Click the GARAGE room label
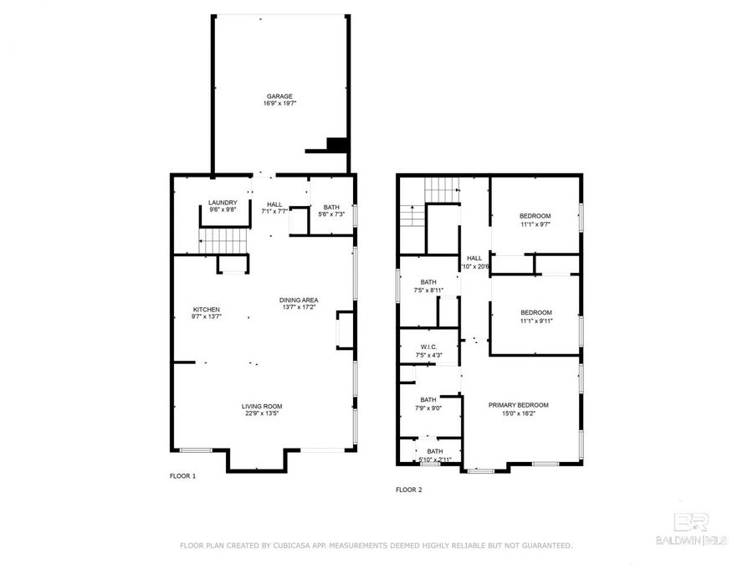click(x=280, y=96)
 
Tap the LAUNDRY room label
click(x=223, y=203)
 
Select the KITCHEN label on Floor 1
click(x=206, y=310)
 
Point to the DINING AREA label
click(x=299, y=300)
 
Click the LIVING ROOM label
click(x=261, y=406)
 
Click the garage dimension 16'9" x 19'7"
click(x=280, y=104)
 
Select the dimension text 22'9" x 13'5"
click(x=261, y=413)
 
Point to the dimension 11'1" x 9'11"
click(x=535, y=320)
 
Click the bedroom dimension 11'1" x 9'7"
click(x=535, y=223)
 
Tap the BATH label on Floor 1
click(x=331, y=207)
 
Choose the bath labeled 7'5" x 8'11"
click(x=428, y=290)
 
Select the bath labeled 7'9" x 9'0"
click(x=428, y=408)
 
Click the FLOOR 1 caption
click(x=182, y=475)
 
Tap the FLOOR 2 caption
click(x=408, y=490)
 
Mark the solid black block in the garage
click(x=336, y=144)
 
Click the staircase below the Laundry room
click(x=223, y=243)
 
